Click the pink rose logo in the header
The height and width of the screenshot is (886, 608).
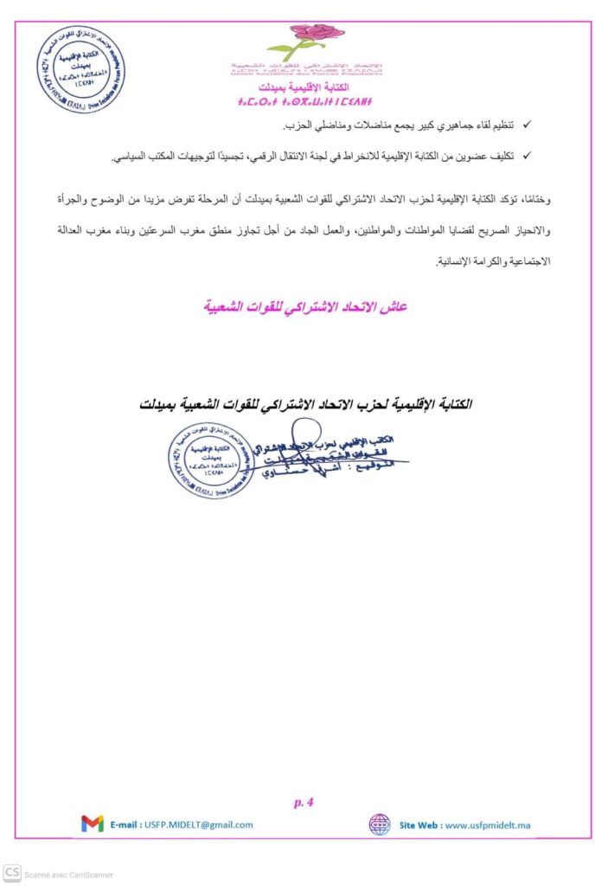coord(304,40)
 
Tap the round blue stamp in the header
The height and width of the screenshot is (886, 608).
coord(80,67)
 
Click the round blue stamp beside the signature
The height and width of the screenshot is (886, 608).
coord(213,460)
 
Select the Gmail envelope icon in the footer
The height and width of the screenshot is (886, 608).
coord(93,824)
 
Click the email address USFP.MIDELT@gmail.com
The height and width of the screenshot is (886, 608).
coord(198,825)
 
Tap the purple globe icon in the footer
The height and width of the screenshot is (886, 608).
coord(380,824)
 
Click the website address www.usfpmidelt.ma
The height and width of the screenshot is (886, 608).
coord(487,825)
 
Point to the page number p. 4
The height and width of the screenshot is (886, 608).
coord(304,802)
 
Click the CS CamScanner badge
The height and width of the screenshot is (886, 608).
coord(12,873)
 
